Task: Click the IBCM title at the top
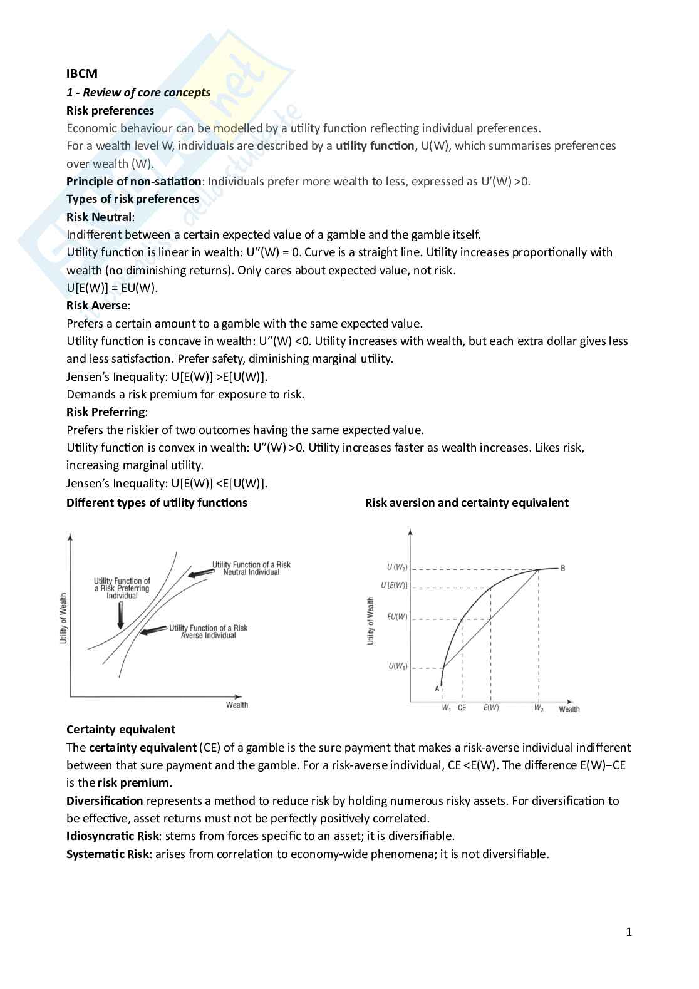(x=82, y=74)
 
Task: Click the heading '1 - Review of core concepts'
(x=138, y=93)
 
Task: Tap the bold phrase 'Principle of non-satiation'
(x=133, y=182)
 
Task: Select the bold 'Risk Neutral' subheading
(x=99, y=217)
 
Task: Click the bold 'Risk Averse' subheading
(x=96, y=306)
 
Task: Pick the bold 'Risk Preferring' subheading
(x=105, y=412)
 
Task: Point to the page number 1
(x=629, y=932)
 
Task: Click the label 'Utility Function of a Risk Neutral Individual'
(x=251, y=569)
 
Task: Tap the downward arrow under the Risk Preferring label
(x=121, y=616)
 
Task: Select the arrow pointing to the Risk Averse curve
(x=152, y=631)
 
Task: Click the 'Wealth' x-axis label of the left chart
(x=237, y=705)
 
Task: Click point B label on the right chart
(x=562, y=569)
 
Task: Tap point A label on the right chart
(x=437, y=689)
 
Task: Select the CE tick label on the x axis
(x=462, y=708)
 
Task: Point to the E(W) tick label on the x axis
(x=491, y=708)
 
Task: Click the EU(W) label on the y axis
(x=397, y=617)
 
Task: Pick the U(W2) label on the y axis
(x=397, y=567)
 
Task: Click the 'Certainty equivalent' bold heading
(x=121, y=730)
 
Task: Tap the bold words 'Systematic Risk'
(x=108, y=854)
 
